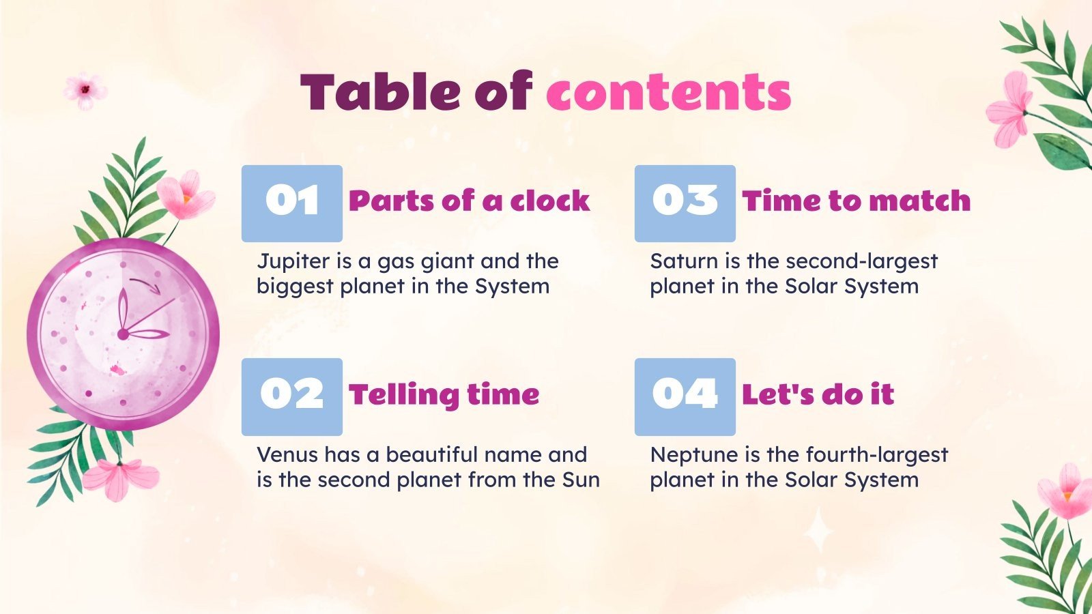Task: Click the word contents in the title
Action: (668, 92)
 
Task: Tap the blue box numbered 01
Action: (292, 203)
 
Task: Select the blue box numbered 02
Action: (292, 396)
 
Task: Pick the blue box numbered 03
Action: (685, 203)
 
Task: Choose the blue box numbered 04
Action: (685, 396)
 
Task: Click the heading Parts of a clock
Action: (469, 201)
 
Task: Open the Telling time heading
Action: (444, 395)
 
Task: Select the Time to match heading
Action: (856, 201)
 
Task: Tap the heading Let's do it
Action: (818, 395)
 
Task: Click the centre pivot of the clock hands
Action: (123, 334)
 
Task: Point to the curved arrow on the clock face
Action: (146, 284)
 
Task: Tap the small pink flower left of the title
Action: (85, 89)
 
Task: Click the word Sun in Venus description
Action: (581, 480)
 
